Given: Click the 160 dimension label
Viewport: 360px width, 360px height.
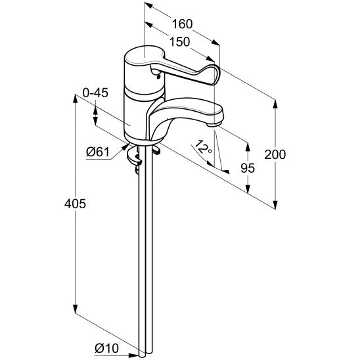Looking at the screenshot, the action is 182,24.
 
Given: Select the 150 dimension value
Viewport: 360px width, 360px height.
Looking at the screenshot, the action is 180,42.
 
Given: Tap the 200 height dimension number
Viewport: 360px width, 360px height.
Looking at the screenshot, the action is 275,154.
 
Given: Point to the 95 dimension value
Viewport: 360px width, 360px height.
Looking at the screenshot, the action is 248,168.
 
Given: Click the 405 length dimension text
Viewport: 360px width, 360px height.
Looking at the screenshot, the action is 75,204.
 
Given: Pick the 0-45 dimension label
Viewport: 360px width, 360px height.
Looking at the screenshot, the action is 95,93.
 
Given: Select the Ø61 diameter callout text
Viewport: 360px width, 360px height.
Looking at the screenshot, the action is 98,152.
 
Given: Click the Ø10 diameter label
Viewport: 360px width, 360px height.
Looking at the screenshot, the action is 107,349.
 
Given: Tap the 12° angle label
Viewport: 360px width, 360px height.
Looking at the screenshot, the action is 203,147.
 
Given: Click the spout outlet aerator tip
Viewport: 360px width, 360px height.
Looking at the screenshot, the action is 214,125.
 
